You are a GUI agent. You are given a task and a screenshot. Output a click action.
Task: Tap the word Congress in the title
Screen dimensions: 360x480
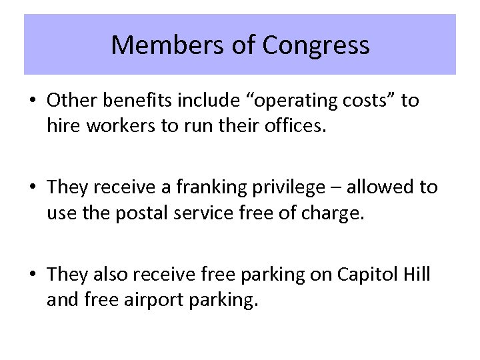(x=315, y=45)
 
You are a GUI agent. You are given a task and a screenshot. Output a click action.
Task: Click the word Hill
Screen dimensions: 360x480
(x=417, y=275)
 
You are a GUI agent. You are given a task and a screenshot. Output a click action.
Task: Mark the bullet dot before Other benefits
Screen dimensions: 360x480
(x=34, y=101)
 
